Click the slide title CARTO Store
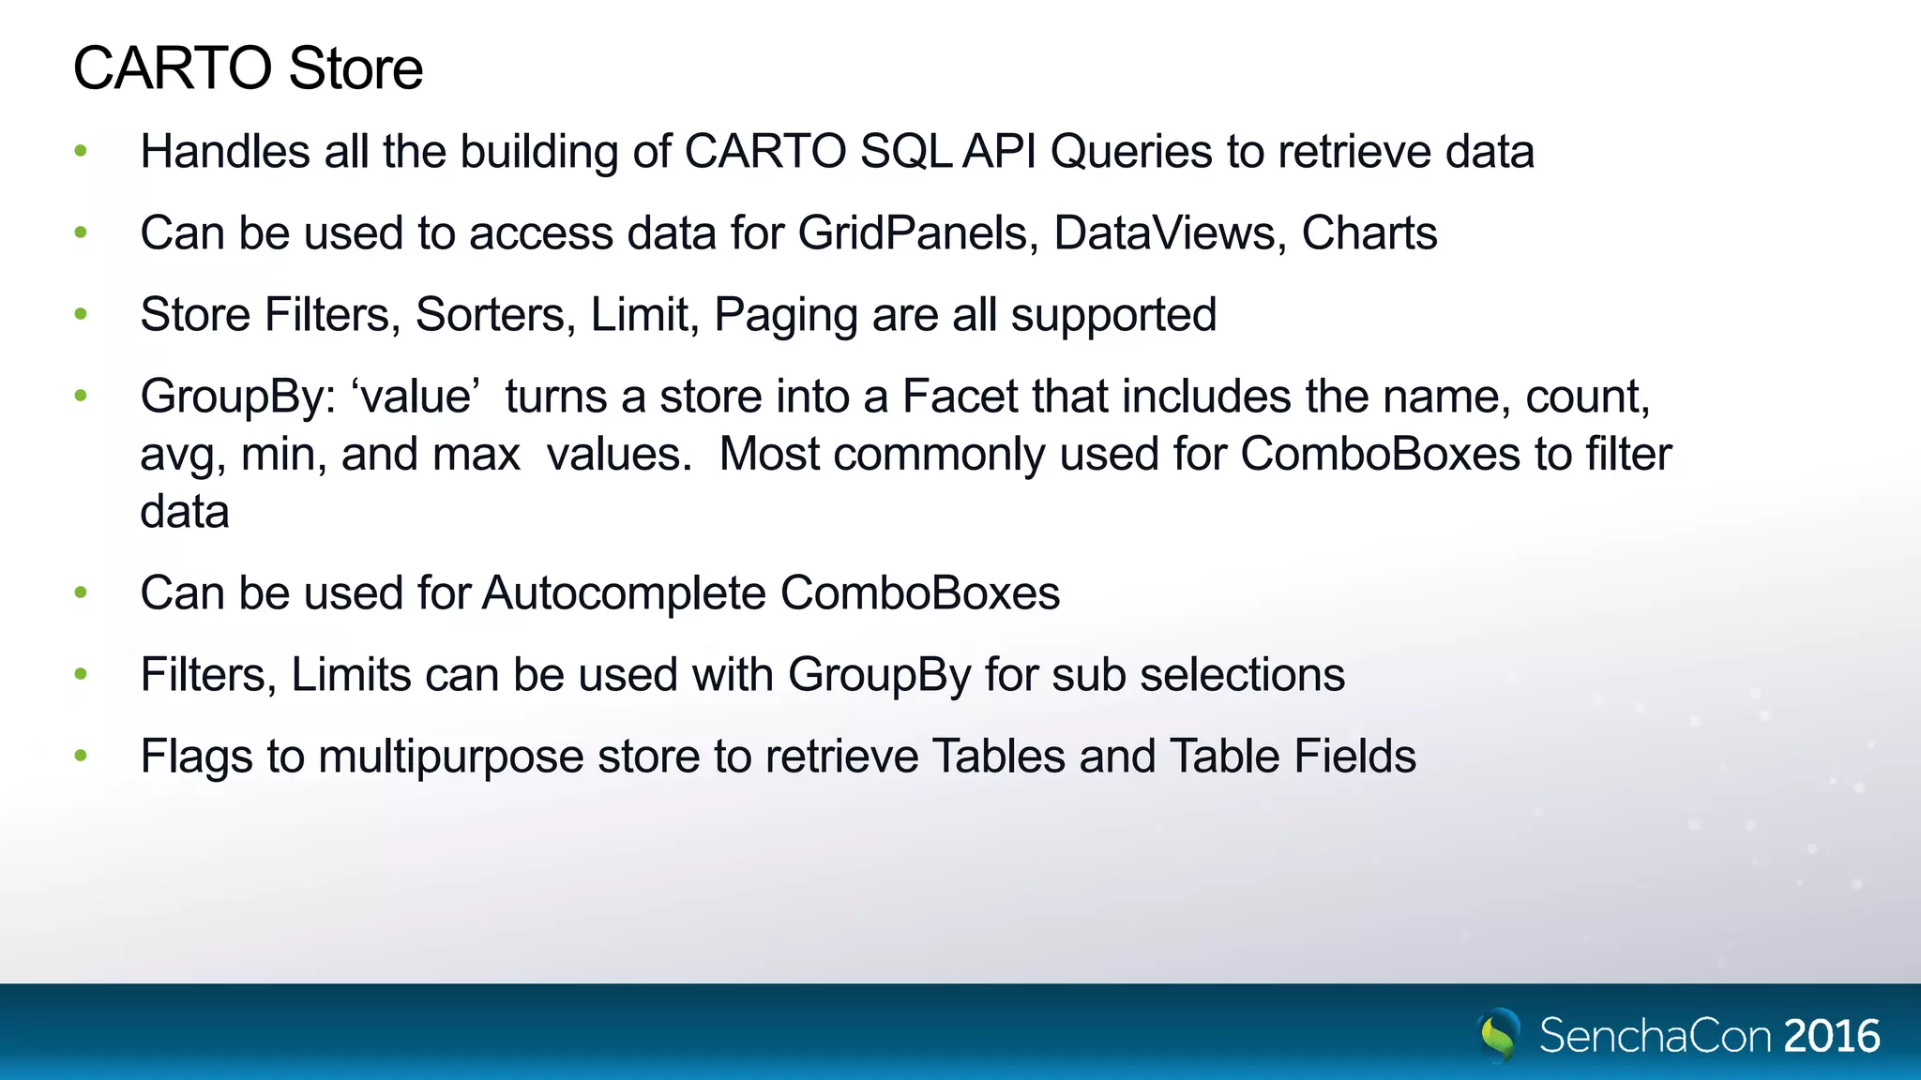pos(248,68)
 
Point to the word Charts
pos(1369,232)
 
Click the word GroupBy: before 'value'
pos(238,397)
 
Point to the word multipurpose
pos(450,757)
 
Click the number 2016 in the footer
pos(1832,1036)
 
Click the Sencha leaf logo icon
pos(1499,1034)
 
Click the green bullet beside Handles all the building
pos(82,151)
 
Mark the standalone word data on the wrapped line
pos(185,512)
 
